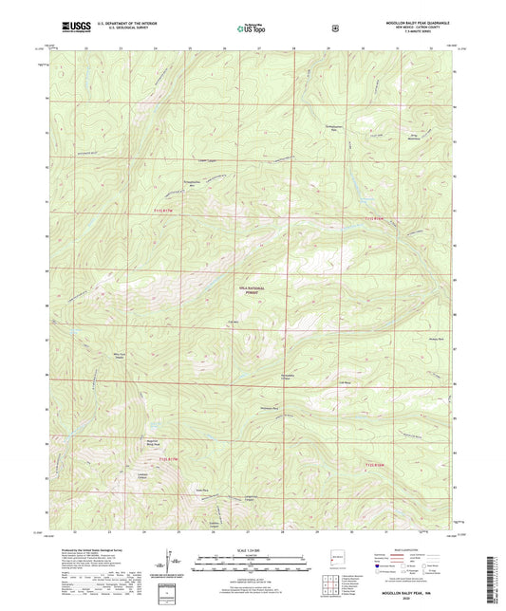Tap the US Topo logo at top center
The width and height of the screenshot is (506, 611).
(x=252, y=29)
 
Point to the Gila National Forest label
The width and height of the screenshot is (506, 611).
(x=248, y=291)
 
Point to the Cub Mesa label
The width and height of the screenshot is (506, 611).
(x=347, y=384)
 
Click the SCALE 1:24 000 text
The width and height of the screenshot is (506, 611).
(x=252, y=549)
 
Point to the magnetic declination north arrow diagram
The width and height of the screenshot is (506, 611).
(x=174, y=560)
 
